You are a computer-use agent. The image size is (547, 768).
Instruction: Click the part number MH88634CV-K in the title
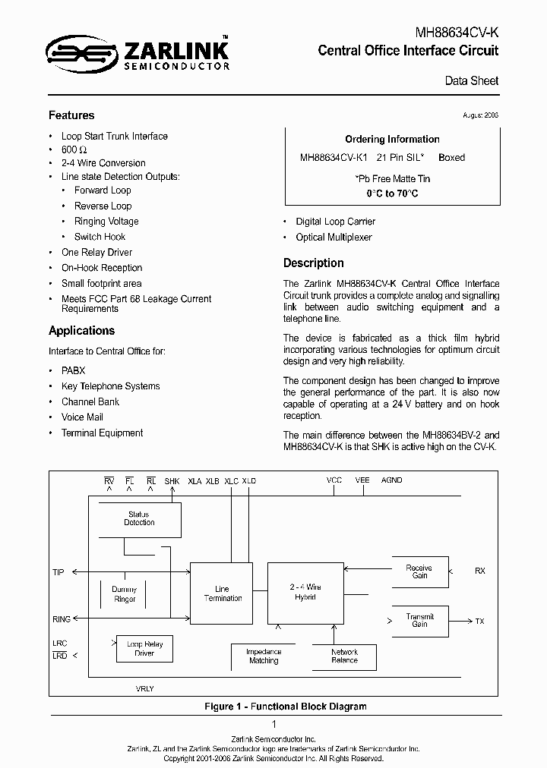(457, 33)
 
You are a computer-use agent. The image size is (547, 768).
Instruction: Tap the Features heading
(71, 115)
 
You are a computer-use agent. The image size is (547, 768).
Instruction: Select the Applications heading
(81, 331)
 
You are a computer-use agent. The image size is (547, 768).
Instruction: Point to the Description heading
(313, 263)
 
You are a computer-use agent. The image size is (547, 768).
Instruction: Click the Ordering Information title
(392, 140)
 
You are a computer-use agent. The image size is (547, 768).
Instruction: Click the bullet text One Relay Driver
(96, 253)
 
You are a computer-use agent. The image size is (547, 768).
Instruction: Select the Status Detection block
(139, 520)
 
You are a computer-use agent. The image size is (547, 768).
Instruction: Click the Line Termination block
(222, 593)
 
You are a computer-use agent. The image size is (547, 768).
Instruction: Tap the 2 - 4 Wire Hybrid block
(305, 593)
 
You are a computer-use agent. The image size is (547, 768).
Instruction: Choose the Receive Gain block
(419, 571)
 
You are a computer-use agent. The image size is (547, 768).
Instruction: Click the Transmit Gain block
(419, 621)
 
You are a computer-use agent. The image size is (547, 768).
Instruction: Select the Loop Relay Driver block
(144, 648)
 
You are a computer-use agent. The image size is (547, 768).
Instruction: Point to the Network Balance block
(344, 656)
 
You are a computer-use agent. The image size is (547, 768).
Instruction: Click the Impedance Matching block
(264, 656)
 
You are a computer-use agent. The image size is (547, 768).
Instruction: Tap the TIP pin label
(58, 572)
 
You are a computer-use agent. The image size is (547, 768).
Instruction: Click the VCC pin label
(334, 480)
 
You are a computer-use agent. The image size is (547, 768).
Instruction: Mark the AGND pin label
(392, 480)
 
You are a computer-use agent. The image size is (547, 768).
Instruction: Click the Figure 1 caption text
(285, 707)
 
